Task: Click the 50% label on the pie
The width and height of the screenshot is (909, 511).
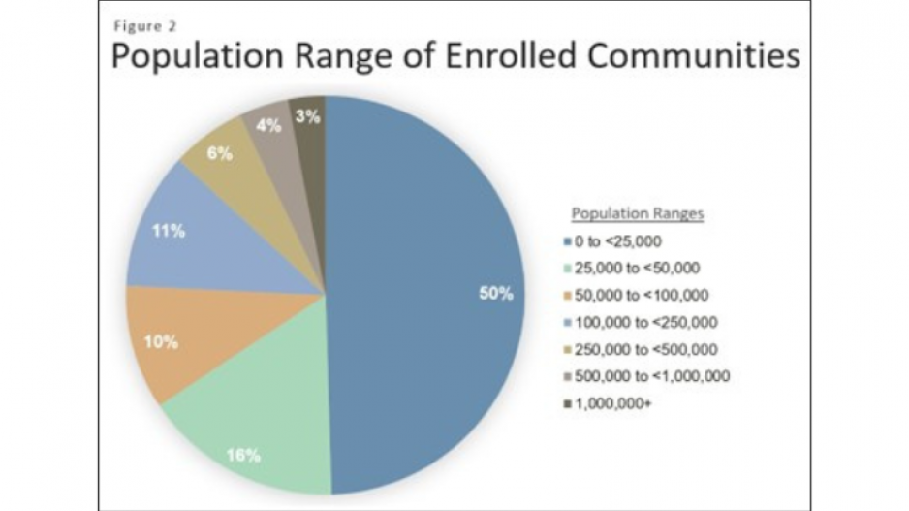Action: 495,294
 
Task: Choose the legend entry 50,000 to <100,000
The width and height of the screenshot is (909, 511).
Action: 641,294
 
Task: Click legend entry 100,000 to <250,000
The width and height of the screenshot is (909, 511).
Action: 643,321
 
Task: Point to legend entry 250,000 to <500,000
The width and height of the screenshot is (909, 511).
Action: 643,348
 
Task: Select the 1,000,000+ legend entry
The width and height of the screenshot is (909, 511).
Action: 616,402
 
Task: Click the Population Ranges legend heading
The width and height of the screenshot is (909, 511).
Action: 637,213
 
